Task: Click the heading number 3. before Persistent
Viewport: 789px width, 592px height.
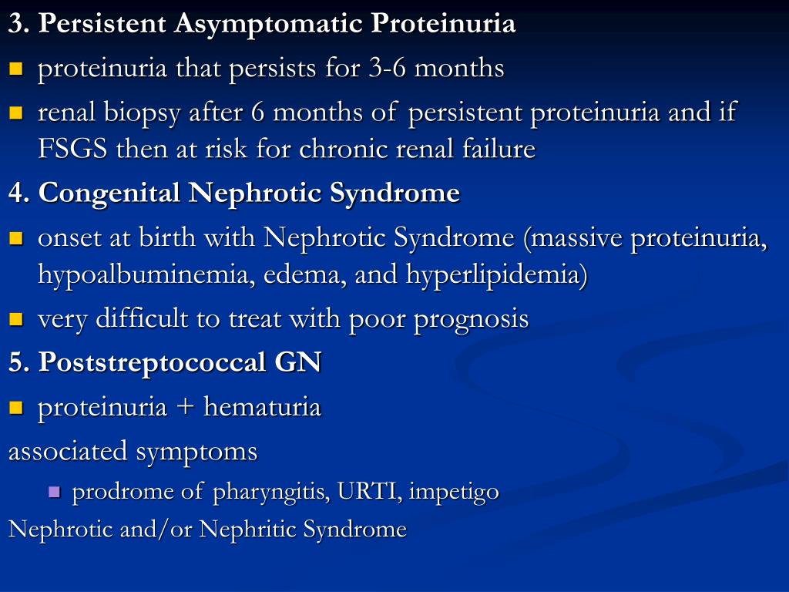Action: click(x=19, y=24)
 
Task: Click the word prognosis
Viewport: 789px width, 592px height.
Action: click(x=471, y=318)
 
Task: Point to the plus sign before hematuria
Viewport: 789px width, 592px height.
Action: click(x=186, y=407)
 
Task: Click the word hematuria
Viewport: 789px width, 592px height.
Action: click(x=262, y=407)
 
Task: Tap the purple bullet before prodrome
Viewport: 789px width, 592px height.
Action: click(x=54, y=491)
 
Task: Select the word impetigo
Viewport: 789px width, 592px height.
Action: click(x=454, y=492)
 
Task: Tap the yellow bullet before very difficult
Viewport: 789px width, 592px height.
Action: click(x=16, y=318)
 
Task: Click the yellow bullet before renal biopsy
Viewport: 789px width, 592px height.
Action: click(x=16, y=113)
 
